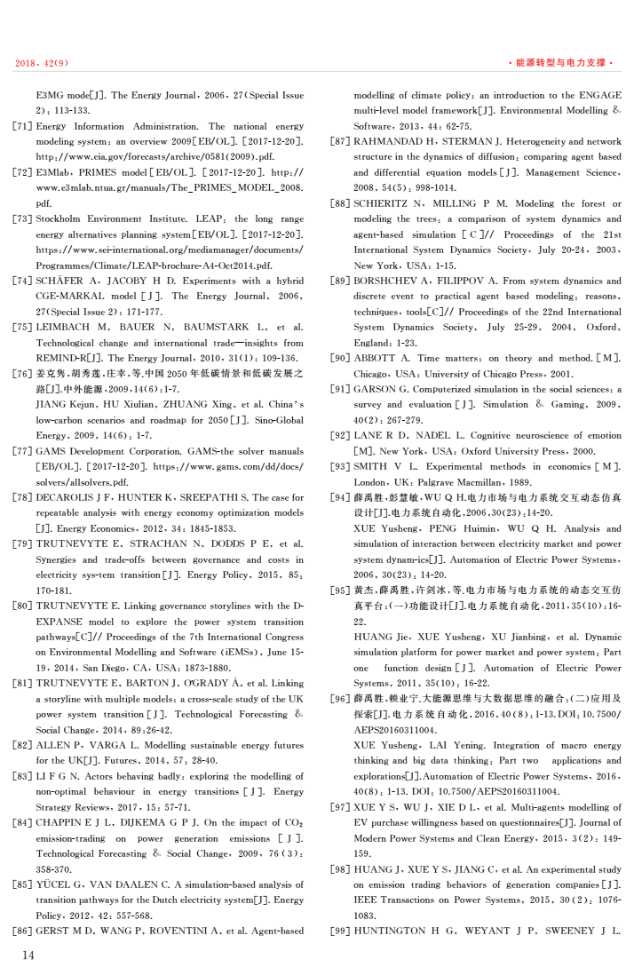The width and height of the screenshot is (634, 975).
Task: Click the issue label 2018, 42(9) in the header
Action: coord(42,63)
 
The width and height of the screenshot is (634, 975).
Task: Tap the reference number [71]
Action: coord(23,127)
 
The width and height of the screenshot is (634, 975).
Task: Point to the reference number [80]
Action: coord(23,606)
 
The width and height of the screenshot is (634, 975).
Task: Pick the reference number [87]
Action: coord(341,142)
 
